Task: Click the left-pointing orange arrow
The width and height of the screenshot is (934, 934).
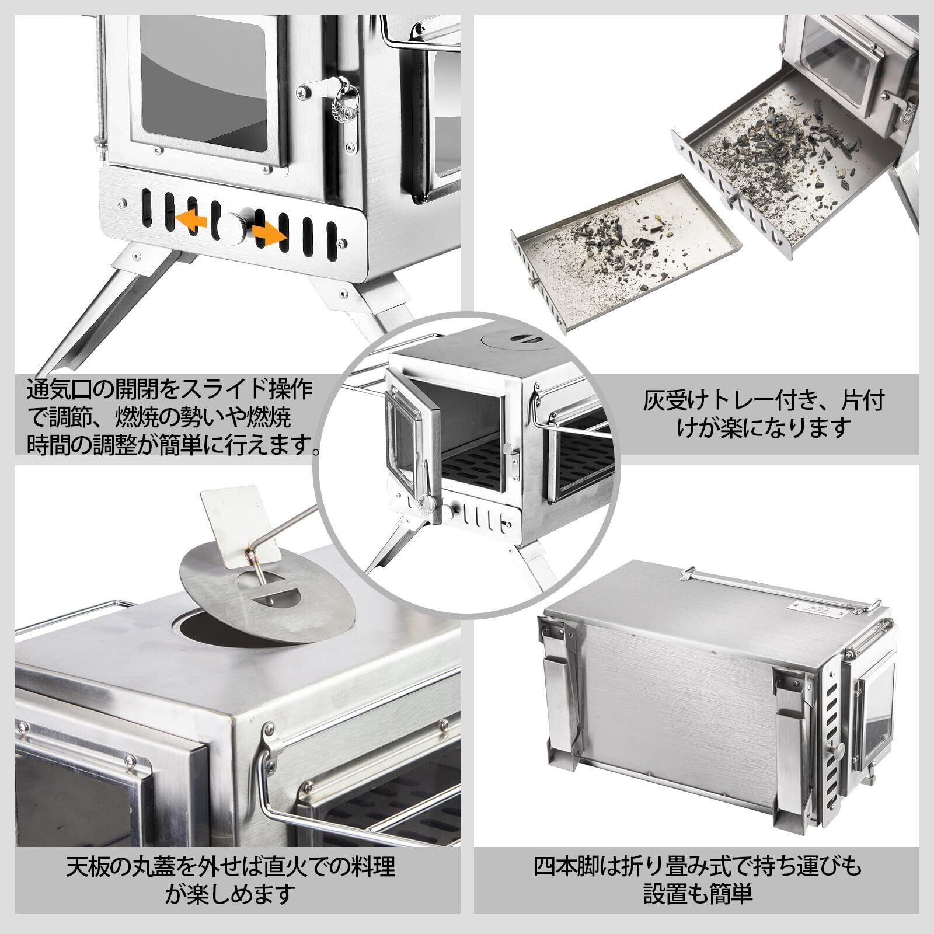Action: point(193,220)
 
